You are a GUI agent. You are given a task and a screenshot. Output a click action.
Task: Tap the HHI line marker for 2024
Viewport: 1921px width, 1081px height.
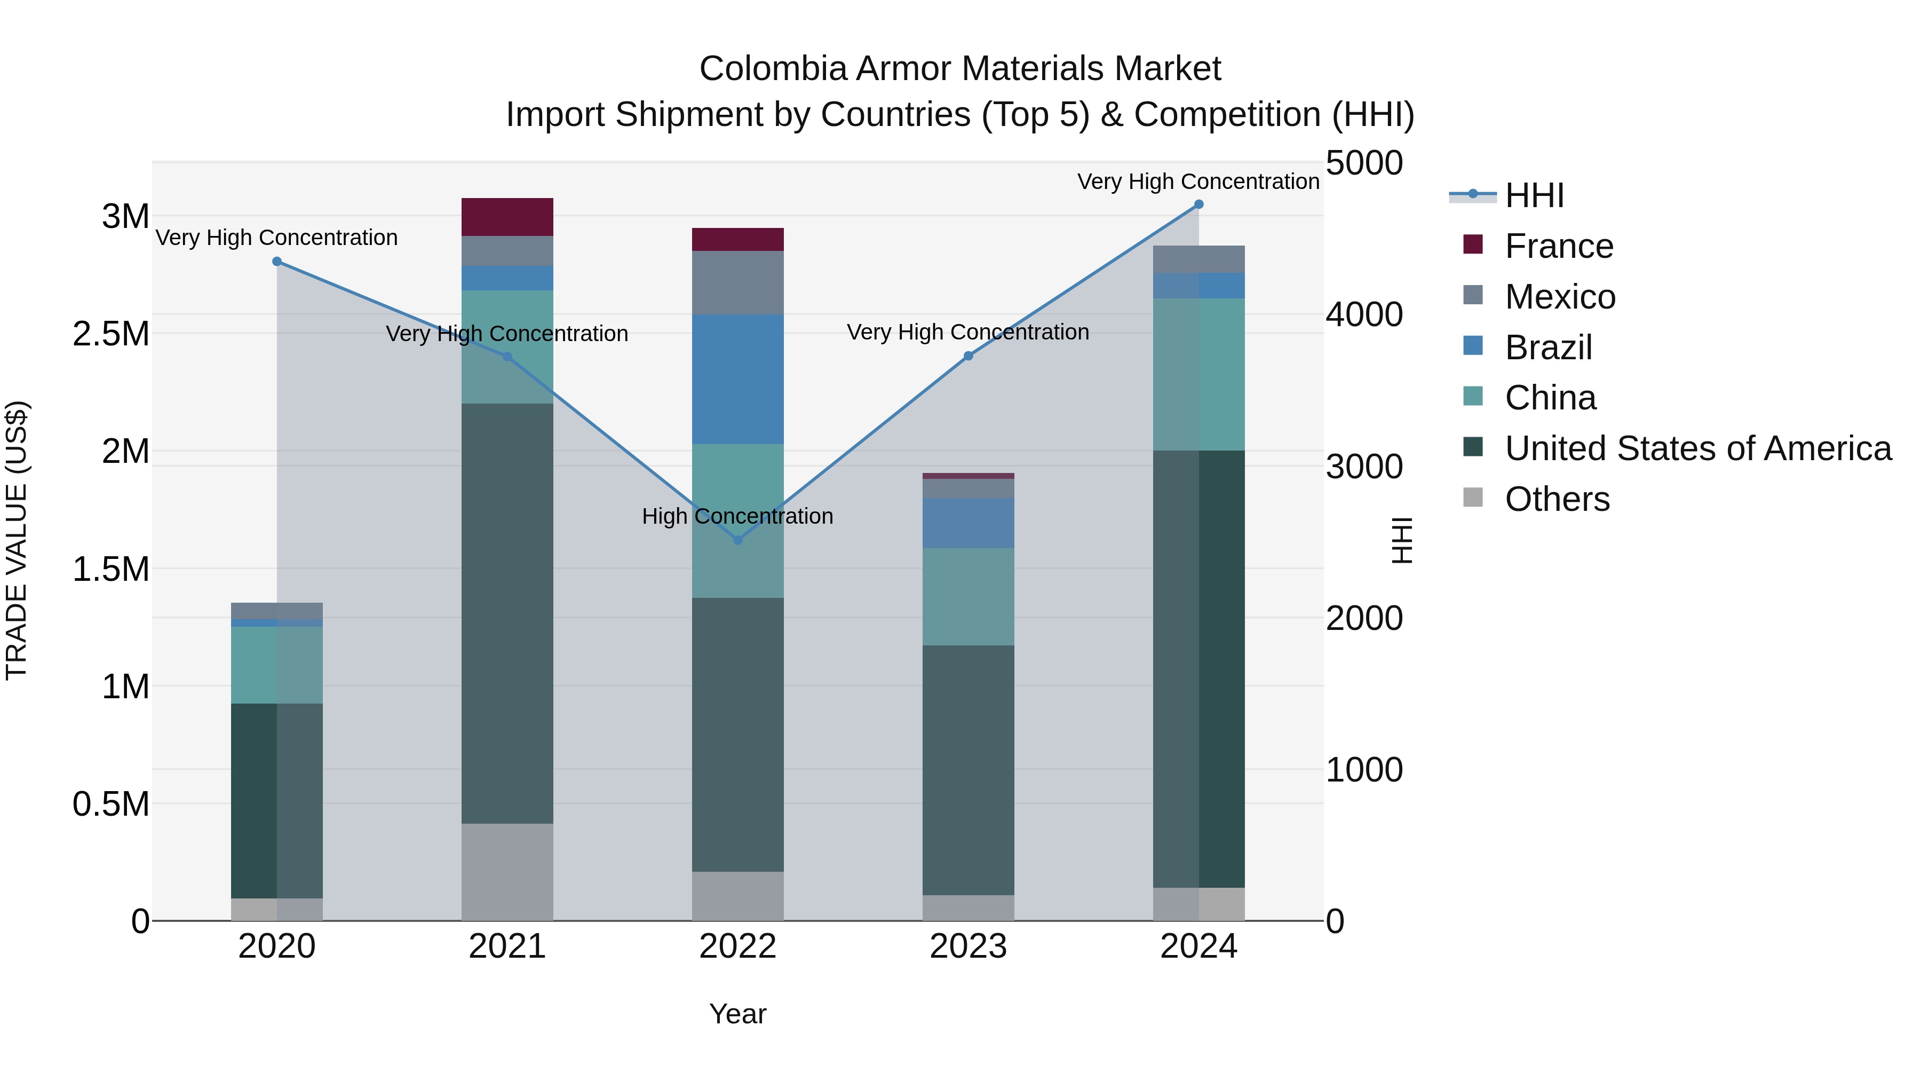coord(1198,204)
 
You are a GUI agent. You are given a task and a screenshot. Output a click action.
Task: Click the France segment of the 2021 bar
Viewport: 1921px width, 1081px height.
coord(507,217)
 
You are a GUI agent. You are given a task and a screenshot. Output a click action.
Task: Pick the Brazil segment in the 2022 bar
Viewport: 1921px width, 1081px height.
coord(737,379)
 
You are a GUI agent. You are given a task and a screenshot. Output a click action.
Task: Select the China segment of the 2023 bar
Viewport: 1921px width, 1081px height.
coord(968,597)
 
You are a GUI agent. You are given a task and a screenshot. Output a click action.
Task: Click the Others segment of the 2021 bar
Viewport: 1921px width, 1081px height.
coord(507,871)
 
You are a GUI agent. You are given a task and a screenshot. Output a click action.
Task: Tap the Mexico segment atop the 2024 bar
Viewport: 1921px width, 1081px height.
coord(1198,259)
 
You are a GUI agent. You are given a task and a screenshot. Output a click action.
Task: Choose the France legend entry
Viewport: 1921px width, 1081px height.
coord(1559,246)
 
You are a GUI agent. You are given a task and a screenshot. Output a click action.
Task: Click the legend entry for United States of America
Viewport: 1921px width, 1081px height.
coord(1697,448)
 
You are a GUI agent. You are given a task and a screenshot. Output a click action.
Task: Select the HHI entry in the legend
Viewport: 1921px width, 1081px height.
coord(1534,195)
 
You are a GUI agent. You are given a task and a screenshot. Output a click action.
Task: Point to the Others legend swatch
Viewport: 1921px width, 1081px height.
coord(1473,498)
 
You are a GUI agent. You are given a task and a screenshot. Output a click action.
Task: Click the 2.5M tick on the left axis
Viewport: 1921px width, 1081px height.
coord(111,334)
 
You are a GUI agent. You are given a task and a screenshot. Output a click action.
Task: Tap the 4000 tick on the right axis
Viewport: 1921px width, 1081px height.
coord(1364,315)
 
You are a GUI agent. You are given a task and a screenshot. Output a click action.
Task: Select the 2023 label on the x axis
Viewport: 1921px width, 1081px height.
coord(968,946)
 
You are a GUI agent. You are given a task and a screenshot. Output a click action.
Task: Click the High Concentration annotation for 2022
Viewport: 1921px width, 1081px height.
coord(737,516)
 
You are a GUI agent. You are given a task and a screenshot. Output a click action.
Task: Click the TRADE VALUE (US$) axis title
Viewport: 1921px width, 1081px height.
coord(17,540)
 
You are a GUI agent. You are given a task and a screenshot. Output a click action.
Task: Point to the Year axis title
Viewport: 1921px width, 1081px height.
coord(737,1014)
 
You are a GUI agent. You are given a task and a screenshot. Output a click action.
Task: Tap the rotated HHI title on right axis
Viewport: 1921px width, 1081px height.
coord(1402,540)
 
